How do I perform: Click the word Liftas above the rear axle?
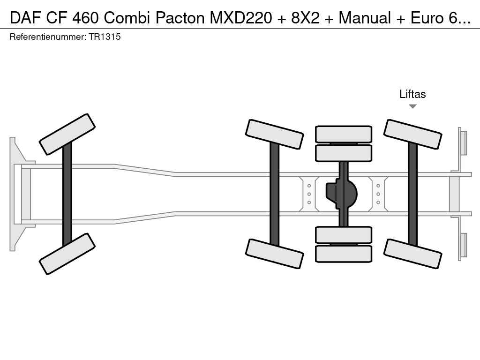(412, 94)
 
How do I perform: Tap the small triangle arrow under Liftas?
(412, 106)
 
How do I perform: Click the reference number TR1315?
(104, 37)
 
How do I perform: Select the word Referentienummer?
(47, 37)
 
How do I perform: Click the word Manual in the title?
(365, 18)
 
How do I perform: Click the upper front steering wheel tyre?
(67, 134)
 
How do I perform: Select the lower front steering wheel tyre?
(67, 254)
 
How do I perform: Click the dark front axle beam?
(67, 194)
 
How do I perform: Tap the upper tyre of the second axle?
(274, 134)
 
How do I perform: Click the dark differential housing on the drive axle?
(342, 194)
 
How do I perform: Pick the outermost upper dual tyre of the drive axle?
(344, 134)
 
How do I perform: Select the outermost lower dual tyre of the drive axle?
(344, 254)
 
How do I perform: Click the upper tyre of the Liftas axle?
(412, 134)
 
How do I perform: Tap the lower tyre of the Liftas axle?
(412, 254)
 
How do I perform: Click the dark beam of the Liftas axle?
(412, 194)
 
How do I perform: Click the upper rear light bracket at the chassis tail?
(463, 142)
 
